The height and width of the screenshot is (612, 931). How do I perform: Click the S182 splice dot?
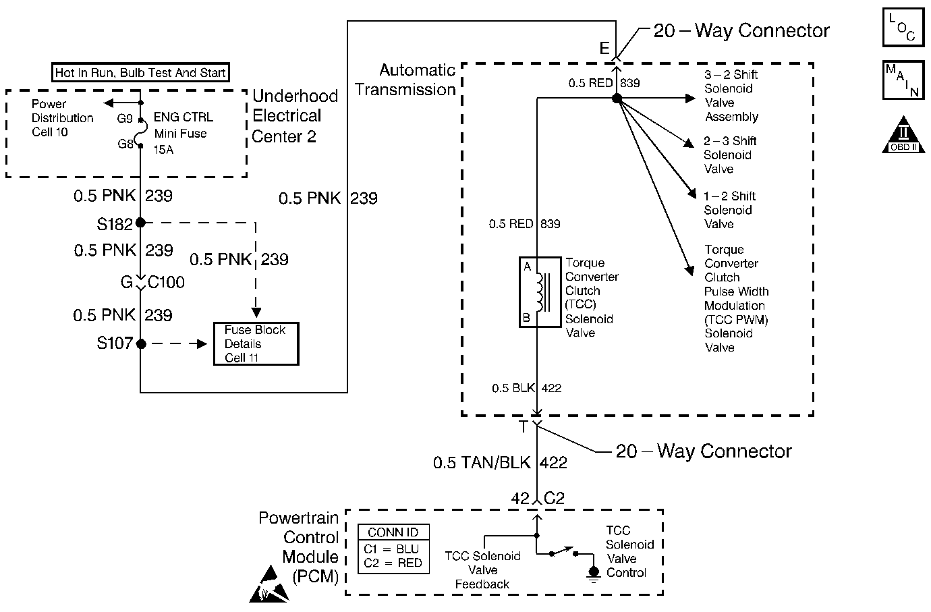pos(140,223)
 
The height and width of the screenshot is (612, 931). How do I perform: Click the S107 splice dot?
pos(140,343)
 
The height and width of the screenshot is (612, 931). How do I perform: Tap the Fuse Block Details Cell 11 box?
pos(256,344)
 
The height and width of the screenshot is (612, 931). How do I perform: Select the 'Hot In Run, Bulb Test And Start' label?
pos(140,72)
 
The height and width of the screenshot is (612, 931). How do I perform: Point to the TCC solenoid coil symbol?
pos(540,291)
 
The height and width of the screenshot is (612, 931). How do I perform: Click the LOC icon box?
pos(903,27)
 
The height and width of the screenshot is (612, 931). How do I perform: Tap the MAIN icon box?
pos(903,80)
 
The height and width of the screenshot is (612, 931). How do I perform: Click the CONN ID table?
pos(393,549)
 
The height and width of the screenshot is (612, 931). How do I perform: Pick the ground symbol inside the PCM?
pos(594,574)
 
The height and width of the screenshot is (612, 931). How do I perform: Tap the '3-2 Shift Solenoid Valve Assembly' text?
pos(731,95)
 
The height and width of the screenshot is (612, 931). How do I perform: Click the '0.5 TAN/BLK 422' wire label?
pos(500,463)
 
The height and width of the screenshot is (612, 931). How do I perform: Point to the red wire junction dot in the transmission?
pos(616,99)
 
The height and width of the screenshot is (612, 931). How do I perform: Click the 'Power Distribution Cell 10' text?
pos(62,118)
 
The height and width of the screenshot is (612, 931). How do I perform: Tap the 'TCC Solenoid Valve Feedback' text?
pos(482,570)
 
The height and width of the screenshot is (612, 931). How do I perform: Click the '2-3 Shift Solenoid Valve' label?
pos(730,155)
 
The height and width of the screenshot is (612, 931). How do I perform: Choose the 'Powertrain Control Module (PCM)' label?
pos(299,547)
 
